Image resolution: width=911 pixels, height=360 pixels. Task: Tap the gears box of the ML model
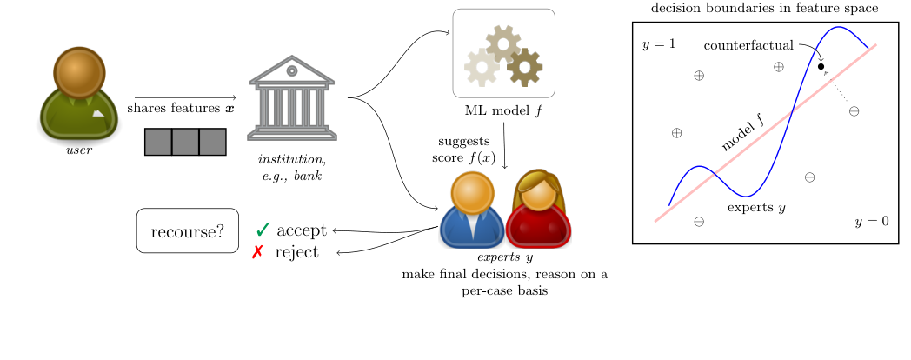tap(503, 54)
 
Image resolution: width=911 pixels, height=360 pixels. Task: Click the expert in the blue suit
tap(470, 210)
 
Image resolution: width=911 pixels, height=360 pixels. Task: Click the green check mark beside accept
tap(263, 230)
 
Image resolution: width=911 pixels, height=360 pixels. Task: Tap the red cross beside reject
tap(258, 252)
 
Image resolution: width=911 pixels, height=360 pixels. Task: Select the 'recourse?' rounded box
tap(187, 231)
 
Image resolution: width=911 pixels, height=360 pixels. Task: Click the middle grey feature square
tap(185, 142)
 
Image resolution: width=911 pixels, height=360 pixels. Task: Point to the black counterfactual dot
tap(821, 66)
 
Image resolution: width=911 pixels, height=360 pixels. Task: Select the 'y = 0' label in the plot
tap(871, 222)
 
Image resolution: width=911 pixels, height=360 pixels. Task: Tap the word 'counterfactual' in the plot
tap(748, 44)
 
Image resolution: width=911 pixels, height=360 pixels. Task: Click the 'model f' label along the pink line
tap(742, 133)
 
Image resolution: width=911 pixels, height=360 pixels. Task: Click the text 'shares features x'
tap(181, 109)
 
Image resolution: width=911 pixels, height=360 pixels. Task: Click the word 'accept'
tap(302, 230)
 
